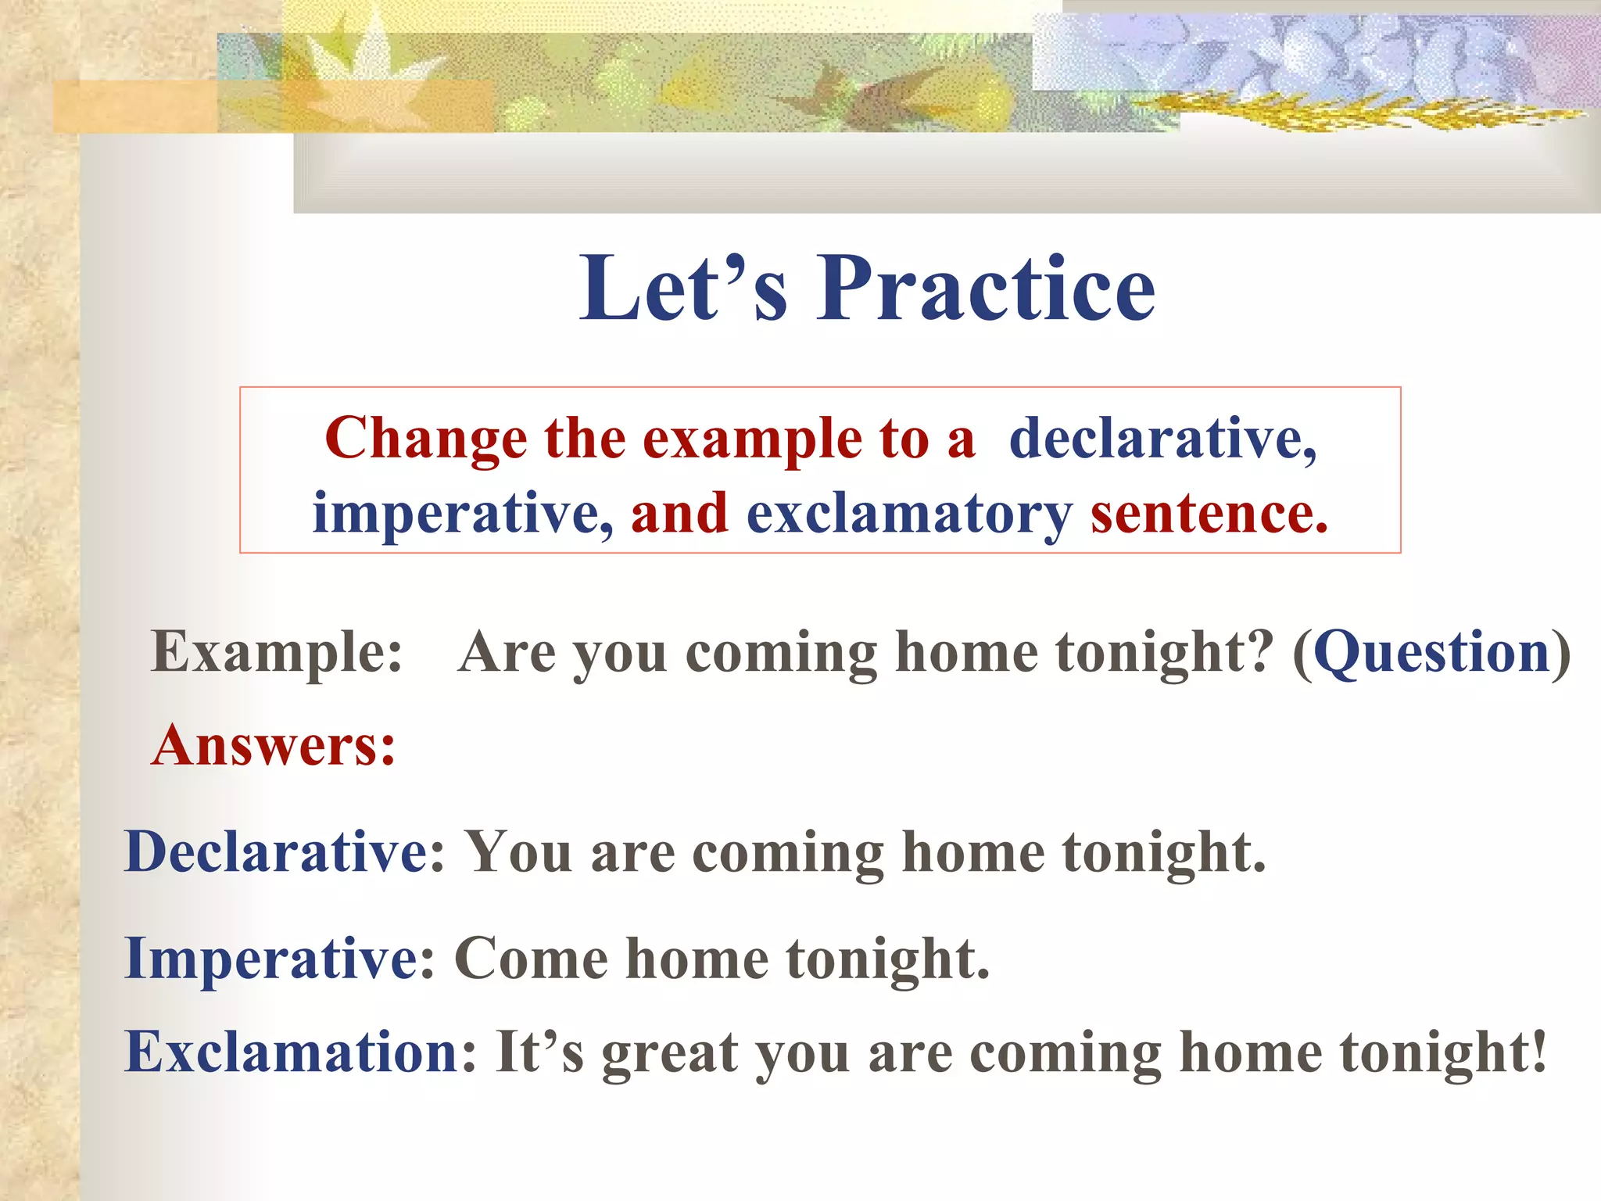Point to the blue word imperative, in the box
[x=462, y=514]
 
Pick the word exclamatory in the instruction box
[x=908, y=514]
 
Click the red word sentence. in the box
[x=1209, y=514]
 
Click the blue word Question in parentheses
[x=1431, y=651]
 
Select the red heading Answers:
[x=274, y=745]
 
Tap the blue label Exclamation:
[x=300, y=1052]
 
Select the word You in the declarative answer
[x=518, y=851]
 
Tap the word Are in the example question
[x=506, y=651]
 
